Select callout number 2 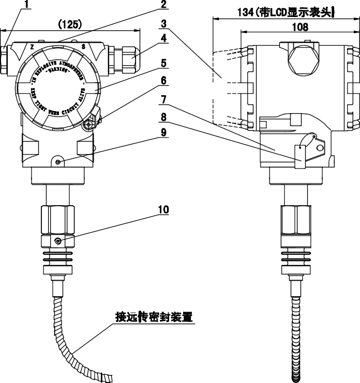163,6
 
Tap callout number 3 163,24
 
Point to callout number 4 163,39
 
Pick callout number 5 163,64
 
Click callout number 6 163,81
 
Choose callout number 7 163,98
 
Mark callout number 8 163,116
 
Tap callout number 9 163,133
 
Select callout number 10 163,209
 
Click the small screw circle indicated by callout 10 57,241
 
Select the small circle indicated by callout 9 58,162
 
